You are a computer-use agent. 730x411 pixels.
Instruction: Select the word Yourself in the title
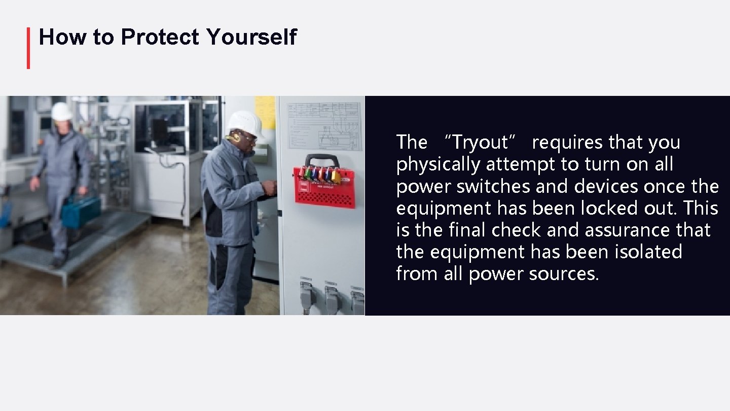251,37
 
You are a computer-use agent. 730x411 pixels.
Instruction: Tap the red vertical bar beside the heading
28,48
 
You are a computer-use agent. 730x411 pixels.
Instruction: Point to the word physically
439,165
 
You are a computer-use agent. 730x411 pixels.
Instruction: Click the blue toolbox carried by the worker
81,210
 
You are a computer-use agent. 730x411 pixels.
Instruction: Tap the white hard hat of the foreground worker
245,122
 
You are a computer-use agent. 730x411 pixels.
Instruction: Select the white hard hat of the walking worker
61,111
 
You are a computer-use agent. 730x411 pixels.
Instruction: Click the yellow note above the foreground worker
265,111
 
